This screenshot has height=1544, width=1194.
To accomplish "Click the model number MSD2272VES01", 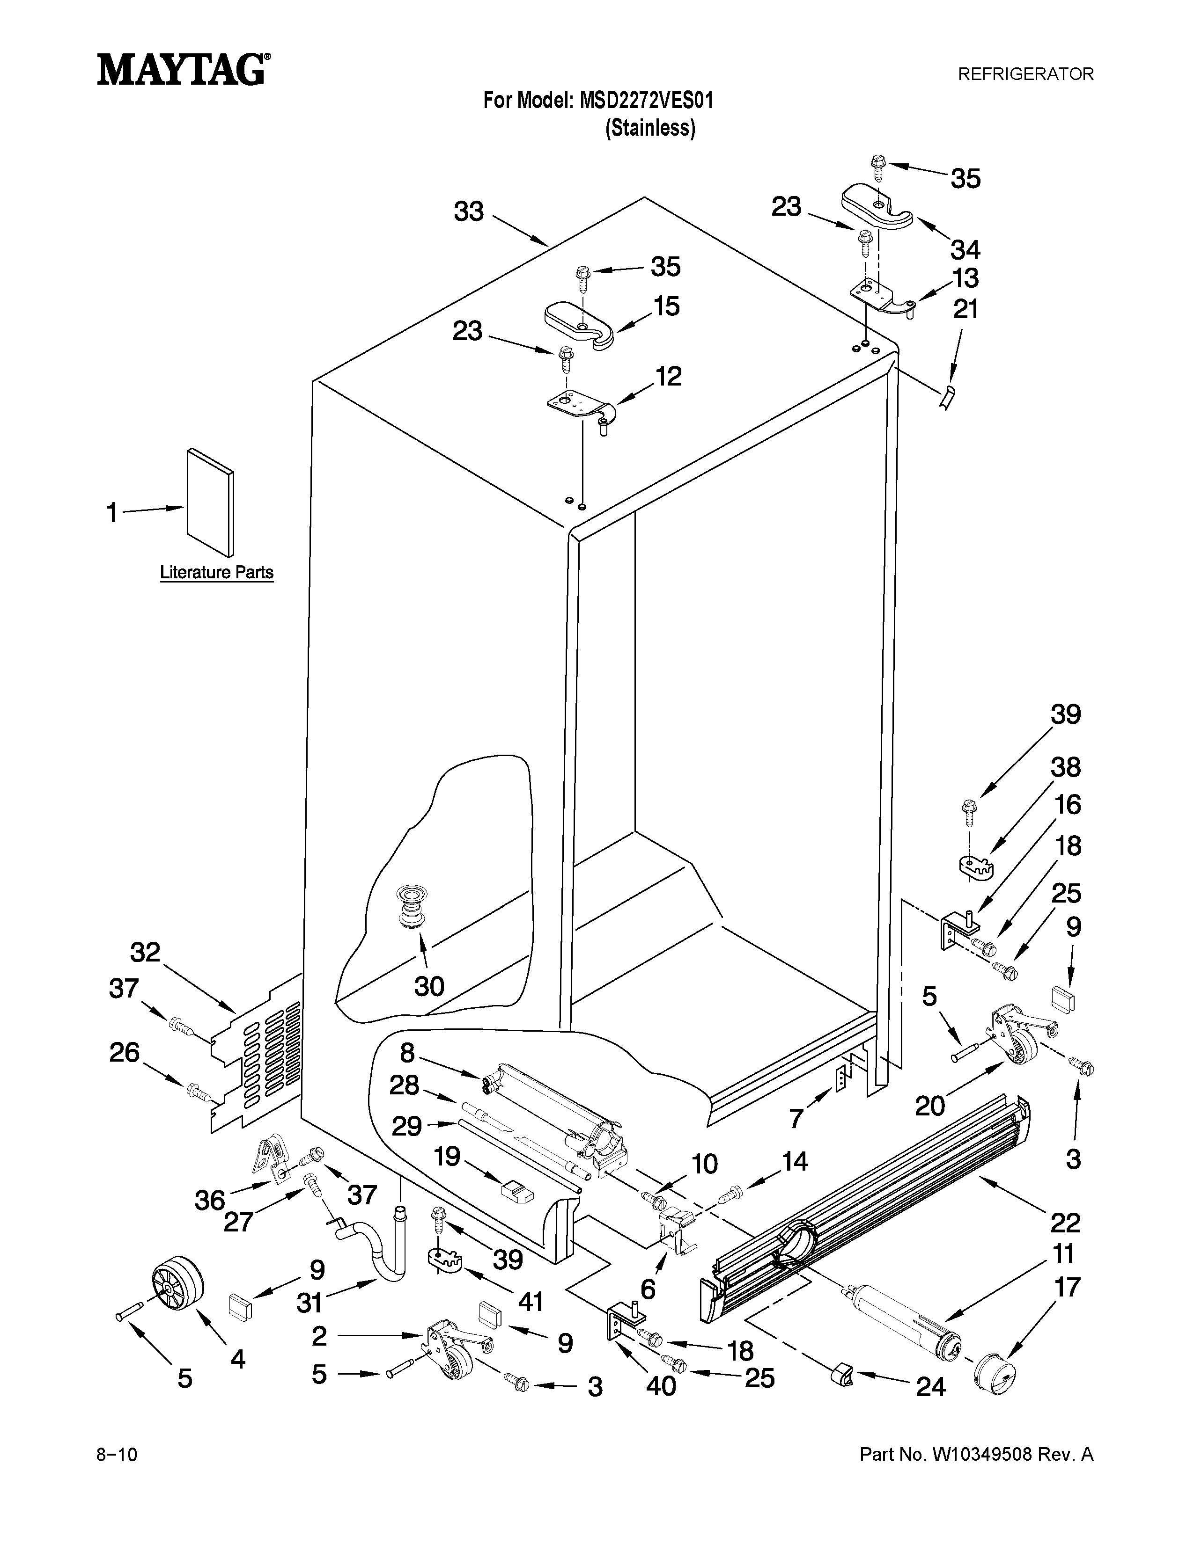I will pos(646,101).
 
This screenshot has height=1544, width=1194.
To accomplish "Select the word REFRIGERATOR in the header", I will pos(1025,73).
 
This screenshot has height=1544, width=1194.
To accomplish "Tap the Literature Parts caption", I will pos(216,572).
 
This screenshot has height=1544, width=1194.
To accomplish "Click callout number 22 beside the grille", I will pos(1065,1222).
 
